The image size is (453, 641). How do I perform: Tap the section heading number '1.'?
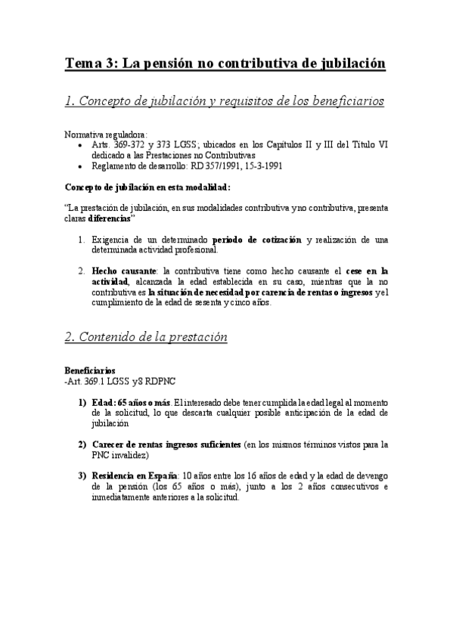coord(71,101)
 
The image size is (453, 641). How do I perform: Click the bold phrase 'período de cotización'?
coord(258,240)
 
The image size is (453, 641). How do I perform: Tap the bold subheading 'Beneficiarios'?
coord(90,371)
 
